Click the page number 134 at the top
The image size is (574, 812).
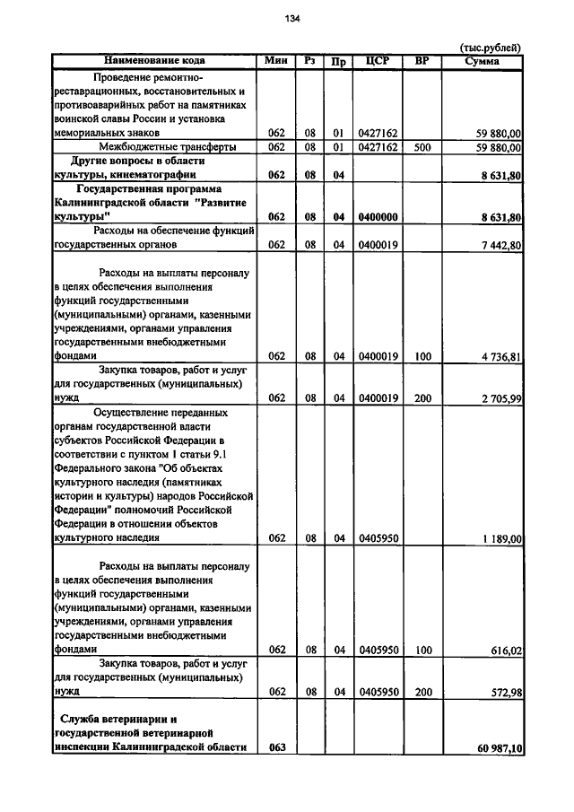point(292,19)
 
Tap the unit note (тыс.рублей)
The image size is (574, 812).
point(491,48)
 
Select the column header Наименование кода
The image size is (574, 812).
point(154,61)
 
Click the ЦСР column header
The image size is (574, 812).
point(376,61)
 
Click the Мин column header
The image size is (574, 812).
point(276,61)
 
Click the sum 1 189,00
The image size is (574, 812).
point(500,538)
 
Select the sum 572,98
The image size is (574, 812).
point(507,692)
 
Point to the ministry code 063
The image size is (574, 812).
point(276,747)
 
